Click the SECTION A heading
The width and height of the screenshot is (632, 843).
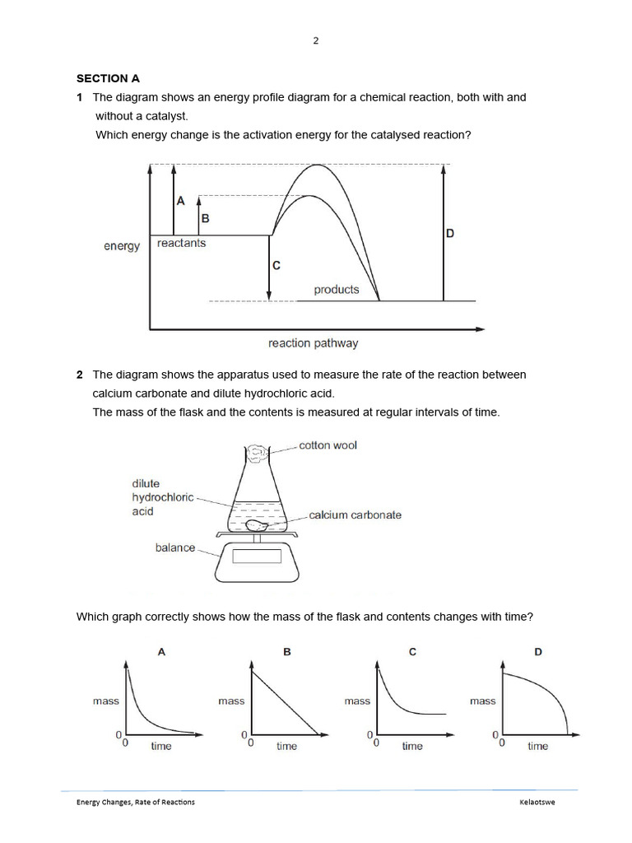[x=109, y=79]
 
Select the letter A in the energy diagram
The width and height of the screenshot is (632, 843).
[x=181, y=200]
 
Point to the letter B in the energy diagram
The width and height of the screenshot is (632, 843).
[x=206, y=218]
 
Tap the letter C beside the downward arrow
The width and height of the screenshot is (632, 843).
[x=276, y=266]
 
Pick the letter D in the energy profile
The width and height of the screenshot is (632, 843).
[x=450, y=234]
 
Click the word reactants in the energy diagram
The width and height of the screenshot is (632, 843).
[x=181, y=244]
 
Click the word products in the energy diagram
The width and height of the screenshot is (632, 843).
[x=336, y=290]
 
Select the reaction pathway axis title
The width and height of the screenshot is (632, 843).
[x=313, y=343]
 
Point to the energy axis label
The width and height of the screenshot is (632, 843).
[x=122, y=246]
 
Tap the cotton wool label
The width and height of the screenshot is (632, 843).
[x=328, y=445]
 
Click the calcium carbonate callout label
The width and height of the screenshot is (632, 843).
[x=355, y=515]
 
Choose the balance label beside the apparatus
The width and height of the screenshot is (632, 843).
[x=175, y=547]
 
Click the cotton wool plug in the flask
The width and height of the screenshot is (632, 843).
[x=256, y=452]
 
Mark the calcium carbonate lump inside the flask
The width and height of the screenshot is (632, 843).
[x=256, y=524]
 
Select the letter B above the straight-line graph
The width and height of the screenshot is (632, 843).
[x=287, y=652]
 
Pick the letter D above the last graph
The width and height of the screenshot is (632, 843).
[x=538, y=652]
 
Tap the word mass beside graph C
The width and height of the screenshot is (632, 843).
[x=357, y=701]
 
